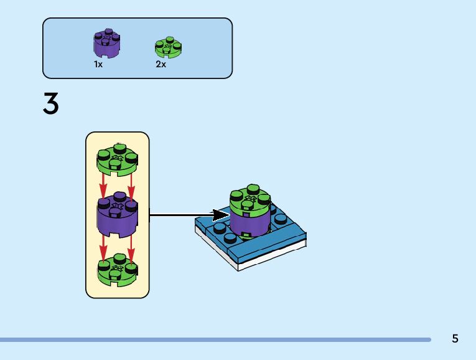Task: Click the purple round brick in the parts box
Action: tap(106, 42)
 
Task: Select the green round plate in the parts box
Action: tap(168, 48)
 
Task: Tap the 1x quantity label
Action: tap(98, 64)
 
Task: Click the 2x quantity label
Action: tap(161, 64)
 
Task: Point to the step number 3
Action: tap(51, 103)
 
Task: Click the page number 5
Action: tap(455, 339)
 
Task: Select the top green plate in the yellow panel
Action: tap(118, 159)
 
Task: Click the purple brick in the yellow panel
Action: tap(118, 215)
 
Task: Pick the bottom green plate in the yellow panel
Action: tap(118, 270)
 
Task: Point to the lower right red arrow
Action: tap(131, 243)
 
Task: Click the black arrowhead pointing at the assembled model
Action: tap(221, 216)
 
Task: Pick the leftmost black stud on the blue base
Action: tap(220, 228)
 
